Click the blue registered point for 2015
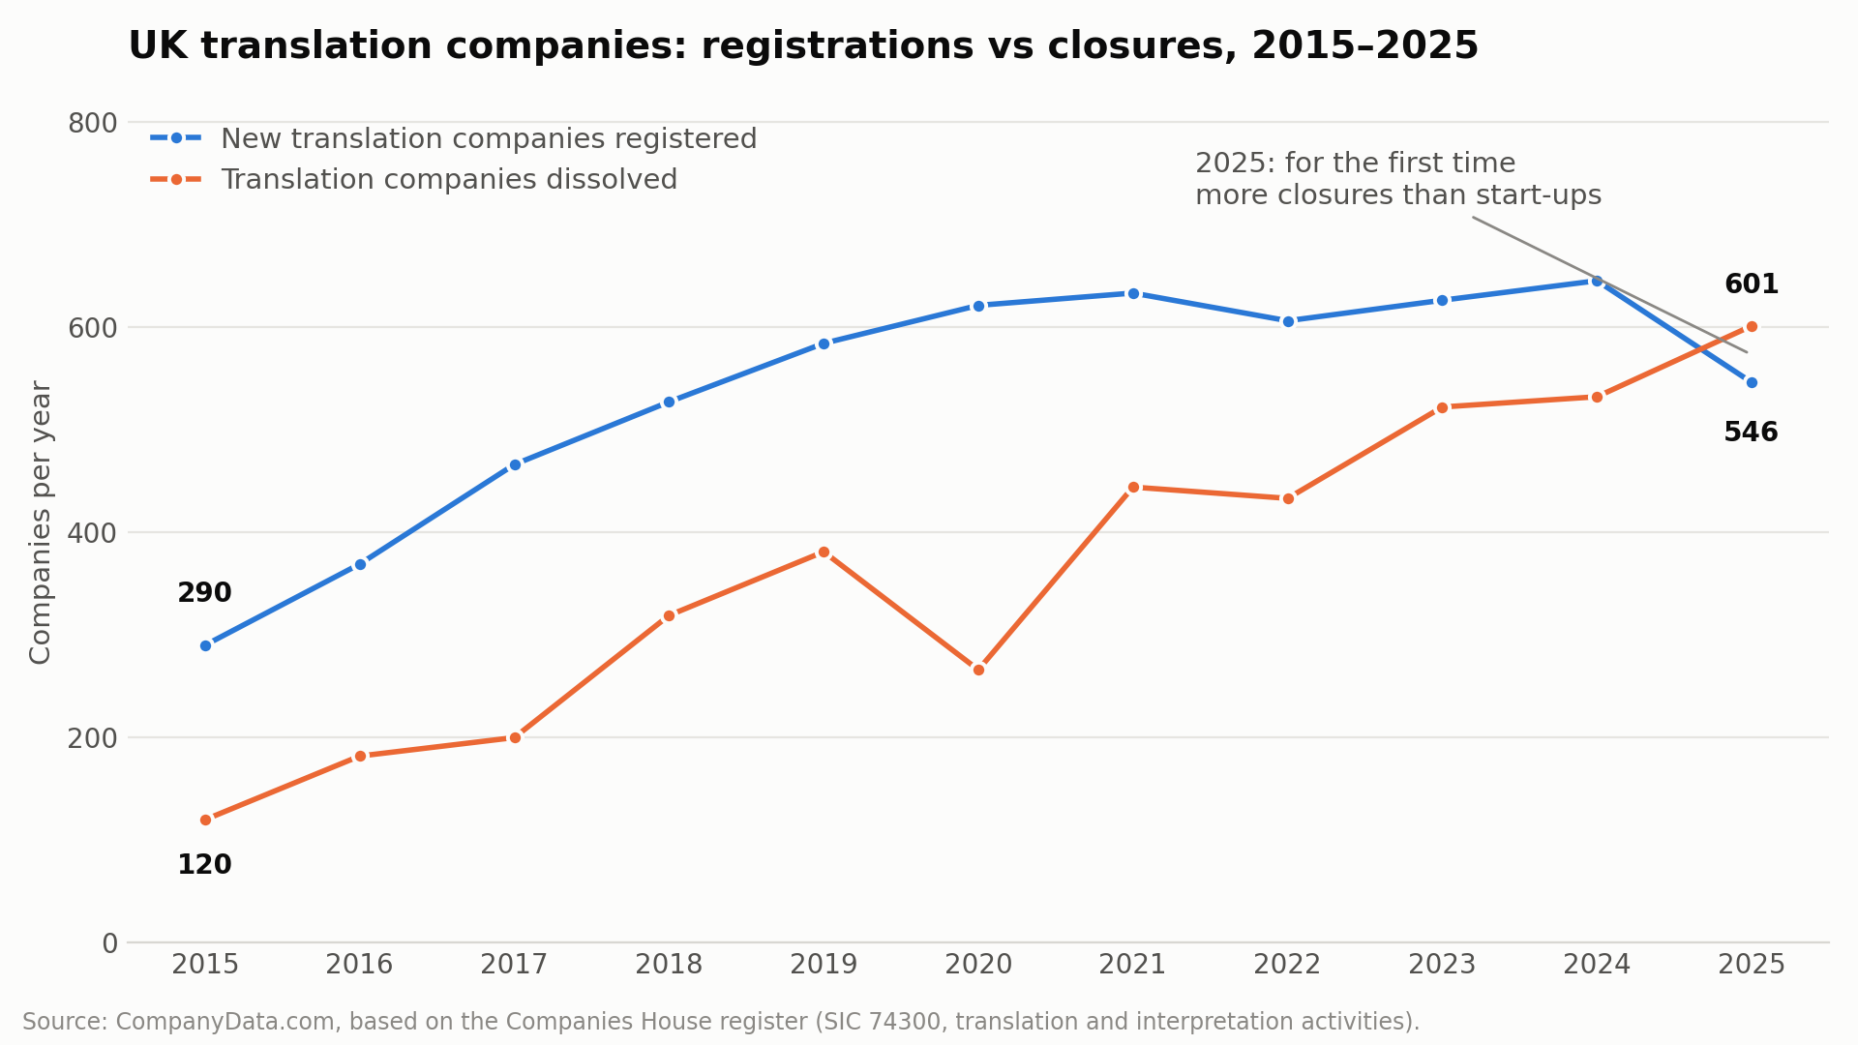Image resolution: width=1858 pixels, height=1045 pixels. pyautogui.click(x=205, y=645)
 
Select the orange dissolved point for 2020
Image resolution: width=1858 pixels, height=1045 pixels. pyautogui.click(x=978, y=670)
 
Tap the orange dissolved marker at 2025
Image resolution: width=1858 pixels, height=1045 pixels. pyautogui.click(x=1752, y=326)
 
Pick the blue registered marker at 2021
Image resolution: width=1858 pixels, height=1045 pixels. pyautogui.click(x=1133, y=293)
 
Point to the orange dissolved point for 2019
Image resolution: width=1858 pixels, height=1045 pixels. pyautogui.click(x=824, y=552)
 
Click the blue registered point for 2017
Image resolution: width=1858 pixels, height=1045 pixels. pyautogui.click(x=515, y=464)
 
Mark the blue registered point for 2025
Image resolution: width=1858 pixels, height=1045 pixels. pyautogui.click(x=1752, y=382)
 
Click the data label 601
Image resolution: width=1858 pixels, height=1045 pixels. pyautogui.click(x=1752, y=284)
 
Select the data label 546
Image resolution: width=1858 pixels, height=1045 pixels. pyautogui.click(x=1752, y=433)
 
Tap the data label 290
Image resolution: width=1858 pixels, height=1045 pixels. pyautogui.click(x=204, y=593)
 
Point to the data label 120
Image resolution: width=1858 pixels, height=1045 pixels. pyautogui.click(x=204, y=865)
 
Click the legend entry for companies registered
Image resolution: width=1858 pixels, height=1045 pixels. pyautogui.click(x=454, y=139)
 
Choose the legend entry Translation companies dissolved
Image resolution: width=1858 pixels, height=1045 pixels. pyautogui.click(x=414, y=180)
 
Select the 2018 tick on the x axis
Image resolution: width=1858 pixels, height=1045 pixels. pyautogui.click(x=669, y=965)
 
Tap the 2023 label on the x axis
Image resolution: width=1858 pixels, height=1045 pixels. pyautogui.click(x=1442, y=965)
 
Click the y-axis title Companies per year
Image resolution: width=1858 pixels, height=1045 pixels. pyautogui.click(x=41, y=522)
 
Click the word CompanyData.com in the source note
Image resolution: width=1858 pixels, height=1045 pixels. pyautogui.click(x=226, y=1022)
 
